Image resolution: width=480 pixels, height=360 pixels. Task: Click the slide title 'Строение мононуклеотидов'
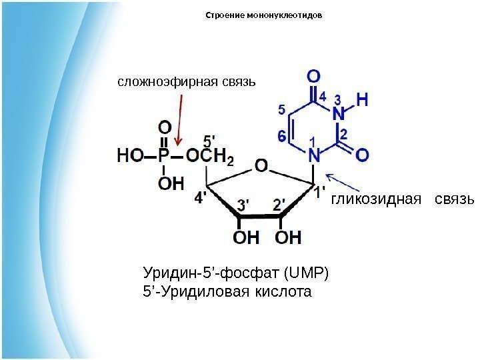pyautogui.click(x=264, y=15)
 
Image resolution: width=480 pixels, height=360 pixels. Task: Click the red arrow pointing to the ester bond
pyautogui.click(x=179, y=120)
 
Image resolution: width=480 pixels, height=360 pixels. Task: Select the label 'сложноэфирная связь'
pyautogui.click(x=187, y=83)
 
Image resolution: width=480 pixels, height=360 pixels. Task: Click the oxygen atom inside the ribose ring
pyautogui.click(x=261, y=165)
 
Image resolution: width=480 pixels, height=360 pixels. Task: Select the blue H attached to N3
pyautogui.click(x=362, y=100)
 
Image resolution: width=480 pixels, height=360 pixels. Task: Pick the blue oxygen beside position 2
pyautogui.click(x=362, y=155)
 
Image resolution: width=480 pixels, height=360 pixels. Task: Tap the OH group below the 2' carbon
pyautogui.click(x=288, y=237)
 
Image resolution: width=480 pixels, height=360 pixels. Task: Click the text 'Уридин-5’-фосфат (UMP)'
pyautogui.click(x=237, y=273)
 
